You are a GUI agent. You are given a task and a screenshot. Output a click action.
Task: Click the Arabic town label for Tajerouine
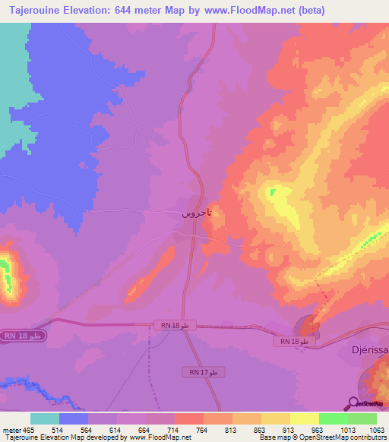pos(196,213)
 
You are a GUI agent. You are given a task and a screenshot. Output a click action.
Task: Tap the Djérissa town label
pos(366,352)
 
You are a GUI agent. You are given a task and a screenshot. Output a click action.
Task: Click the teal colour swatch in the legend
pos(45,418)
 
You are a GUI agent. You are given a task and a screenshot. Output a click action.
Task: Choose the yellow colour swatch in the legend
pos(304,418)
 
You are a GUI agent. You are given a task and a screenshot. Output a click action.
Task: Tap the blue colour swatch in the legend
pos(74,418)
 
